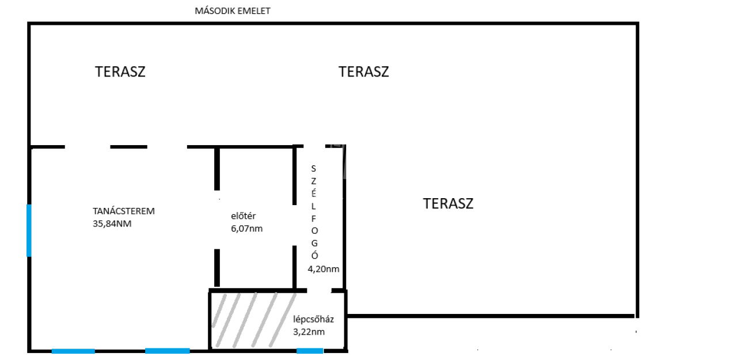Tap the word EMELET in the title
point(254,11)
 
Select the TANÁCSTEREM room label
point(124,211)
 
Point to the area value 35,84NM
point(112,223)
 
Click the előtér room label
point(243,216)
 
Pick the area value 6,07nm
point(247,228)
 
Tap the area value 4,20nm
point(324,269)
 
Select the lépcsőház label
point(314,319)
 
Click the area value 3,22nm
point(309,332)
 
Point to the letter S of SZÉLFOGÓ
point(314,169)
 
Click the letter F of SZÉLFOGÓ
point(314,218)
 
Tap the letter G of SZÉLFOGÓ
point(314,244)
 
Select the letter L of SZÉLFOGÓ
point(314,206)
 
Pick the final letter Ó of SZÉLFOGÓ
point(314,255)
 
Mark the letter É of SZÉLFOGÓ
point(314,193)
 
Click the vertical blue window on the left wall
point(29,230)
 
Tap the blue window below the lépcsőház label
point(310,351)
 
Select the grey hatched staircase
point(254,320)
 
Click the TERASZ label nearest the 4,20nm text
point(448,203)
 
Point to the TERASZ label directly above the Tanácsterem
point(120,72)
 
